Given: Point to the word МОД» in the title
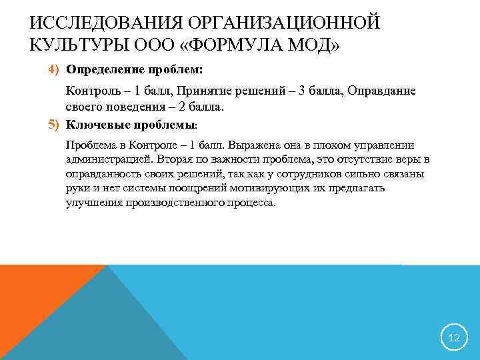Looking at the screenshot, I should [311, 48].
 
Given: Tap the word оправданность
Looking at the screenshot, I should [101, 175].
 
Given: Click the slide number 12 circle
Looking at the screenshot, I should [454, 338].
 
